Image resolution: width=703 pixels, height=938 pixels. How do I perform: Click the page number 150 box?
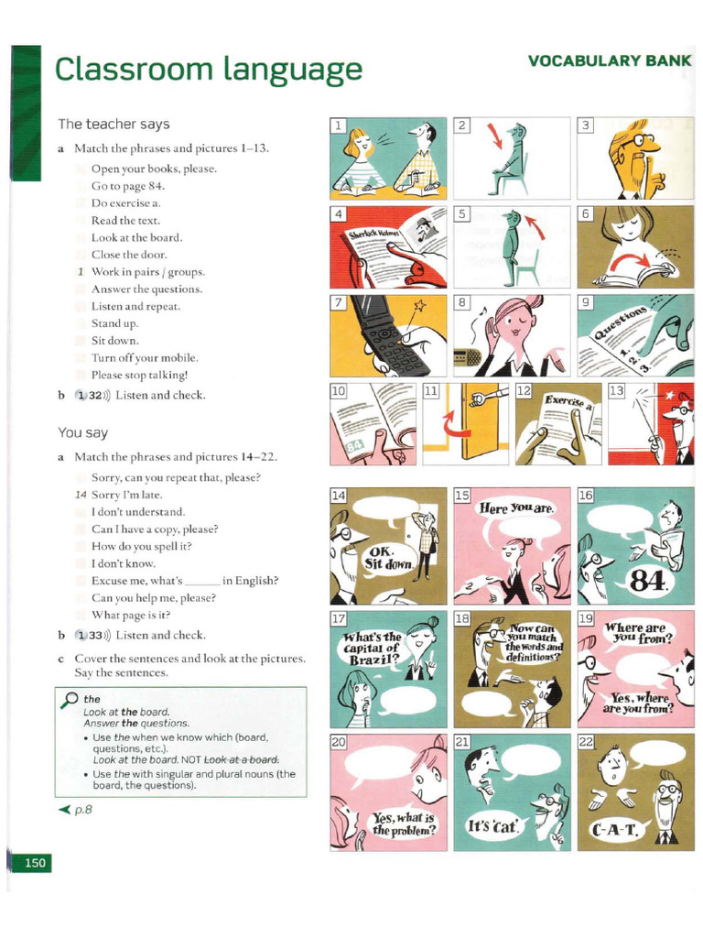click(35, 862)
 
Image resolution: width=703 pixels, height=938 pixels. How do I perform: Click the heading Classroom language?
click(209, 70)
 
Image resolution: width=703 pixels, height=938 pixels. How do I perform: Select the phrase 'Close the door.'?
click(129, 255)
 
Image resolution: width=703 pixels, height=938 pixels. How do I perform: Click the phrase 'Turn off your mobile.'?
click(145, 358)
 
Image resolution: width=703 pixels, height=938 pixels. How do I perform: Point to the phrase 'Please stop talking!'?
click(140, 375)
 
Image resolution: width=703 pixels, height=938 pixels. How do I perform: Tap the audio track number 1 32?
click(92, 395)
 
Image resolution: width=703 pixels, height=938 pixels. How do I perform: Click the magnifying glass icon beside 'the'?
click(70, 700)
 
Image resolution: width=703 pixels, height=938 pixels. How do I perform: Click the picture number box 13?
click(616, 391)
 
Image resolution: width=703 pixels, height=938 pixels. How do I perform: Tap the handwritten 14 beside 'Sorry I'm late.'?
click(80, 495)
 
